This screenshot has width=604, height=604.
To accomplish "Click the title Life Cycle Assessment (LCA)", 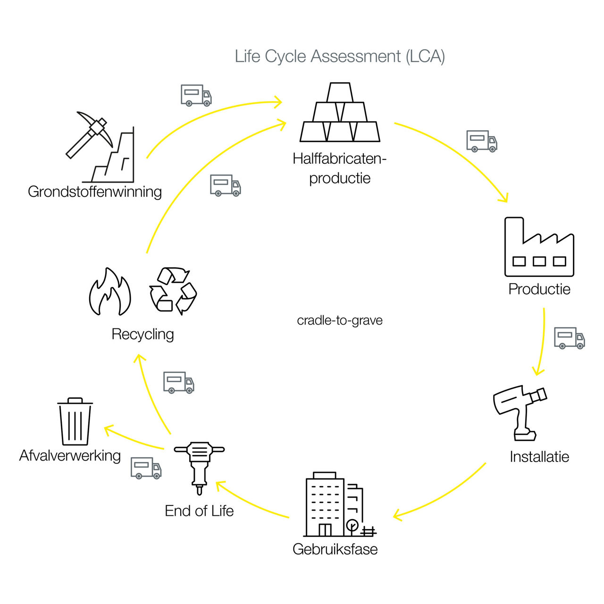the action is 340,57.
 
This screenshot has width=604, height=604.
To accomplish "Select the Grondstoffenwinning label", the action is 95,192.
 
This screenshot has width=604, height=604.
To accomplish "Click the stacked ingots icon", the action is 340,112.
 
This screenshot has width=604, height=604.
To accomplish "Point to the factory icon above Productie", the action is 539,247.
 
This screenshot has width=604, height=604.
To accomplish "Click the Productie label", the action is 539,289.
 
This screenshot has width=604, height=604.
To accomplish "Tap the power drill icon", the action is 520,413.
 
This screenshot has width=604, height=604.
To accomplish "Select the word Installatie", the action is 539,457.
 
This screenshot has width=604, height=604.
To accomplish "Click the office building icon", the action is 340,504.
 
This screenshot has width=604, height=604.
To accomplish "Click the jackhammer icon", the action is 199,468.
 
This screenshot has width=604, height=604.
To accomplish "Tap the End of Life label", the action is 199,511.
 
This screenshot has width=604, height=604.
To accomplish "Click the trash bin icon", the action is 75,421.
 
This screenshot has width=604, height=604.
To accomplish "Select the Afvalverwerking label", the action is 70,456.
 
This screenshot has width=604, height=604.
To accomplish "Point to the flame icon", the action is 110,292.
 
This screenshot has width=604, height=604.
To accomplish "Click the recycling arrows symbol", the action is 173,291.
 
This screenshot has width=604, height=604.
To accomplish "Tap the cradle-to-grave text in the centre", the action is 340,321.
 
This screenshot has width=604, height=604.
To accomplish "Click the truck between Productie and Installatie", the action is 569,338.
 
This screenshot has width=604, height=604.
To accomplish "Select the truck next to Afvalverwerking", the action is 146,468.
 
